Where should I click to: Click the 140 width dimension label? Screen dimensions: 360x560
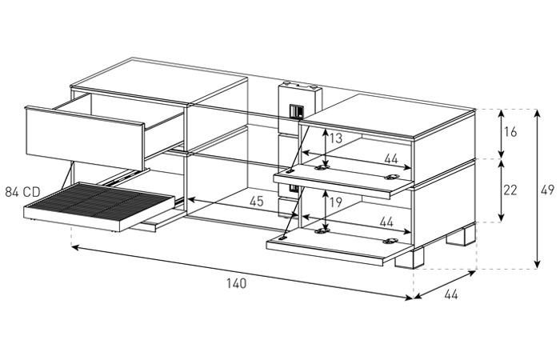coord(234,283)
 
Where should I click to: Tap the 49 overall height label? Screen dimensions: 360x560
coord(547,190)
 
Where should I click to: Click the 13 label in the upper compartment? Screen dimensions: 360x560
coord(336,138)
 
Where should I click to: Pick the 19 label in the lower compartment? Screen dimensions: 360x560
coord(336,202)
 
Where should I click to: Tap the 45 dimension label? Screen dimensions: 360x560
coord(256,202)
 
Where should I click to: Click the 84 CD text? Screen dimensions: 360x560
coord(22,191)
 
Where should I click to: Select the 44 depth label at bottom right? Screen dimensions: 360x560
coord(450,295)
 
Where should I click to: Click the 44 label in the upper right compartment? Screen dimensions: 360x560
coord(389,159)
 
